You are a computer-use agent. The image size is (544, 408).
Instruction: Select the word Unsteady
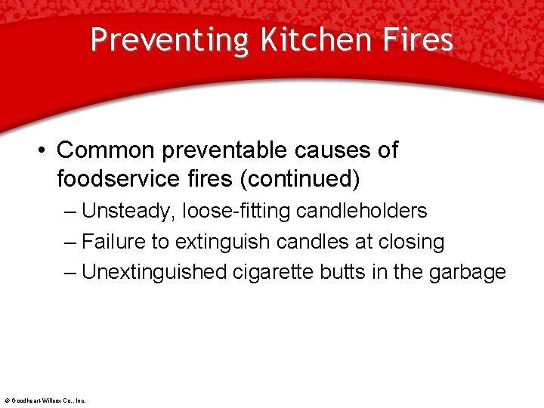click(129, 211)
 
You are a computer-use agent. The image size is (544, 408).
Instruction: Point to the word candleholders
click(362, 211)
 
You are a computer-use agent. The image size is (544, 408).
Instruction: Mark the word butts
click(346, 272)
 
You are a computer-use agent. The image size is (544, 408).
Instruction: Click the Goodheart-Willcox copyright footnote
click(45, 400)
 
